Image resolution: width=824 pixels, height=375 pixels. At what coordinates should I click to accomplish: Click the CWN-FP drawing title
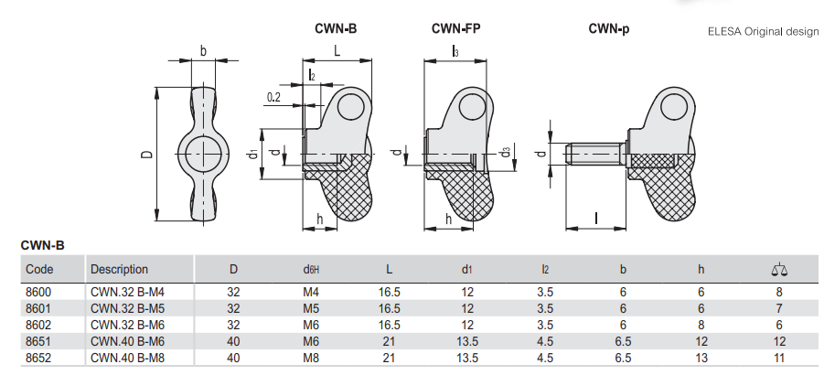tap(455, 28)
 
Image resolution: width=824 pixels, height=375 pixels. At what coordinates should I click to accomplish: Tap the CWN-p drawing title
tap(608, 28)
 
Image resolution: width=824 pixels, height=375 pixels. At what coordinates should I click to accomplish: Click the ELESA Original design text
tap(763, 31)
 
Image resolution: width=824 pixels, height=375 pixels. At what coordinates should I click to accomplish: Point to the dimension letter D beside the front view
tap(148, 154)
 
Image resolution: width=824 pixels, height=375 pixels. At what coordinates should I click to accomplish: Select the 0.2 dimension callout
tap(273, 97)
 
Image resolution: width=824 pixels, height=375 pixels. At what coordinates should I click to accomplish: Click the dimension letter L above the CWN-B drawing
tap(337, 50)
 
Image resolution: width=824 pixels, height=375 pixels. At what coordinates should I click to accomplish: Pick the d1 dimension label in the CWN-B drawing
tap(253, 155)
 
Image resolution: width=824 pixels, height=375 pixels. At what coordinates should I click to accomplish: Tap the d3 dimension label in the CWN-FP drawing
tap(505, 152)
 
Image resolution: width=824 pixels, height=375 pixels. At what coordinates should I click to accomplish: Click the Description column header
tap(119, 270)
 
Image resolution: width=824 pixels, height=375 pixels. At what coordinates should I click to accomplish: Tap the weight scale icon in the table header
tap(779, 270)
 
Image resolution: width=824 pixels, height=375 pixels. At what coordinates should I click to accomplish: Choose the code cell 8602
tap(39, 325)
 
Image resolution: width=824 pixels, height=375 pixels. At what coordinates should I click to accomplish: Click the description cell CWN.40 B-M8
tap(128, 359)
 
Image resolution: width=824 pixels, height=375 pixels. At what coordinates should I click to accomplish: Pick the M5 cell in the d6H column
tap(311, 308)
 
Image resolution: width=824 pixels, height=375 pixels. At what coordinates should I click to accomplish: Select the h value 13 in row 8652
tap(701, 359)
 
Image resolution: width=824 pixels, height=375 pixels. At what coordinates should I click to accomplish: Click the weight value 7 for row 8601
tap(779, 308)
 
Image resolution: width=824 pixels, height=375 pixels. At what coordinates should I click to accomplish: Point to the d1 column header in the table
tap(467, 270)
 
